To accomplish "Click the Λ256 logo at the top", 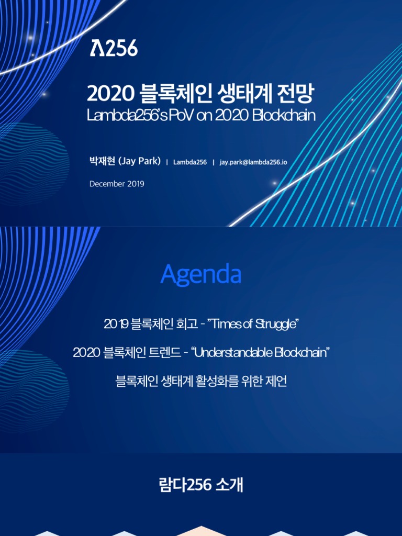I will (114, 48).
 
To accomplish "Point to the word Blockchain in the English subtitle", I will (284, 115).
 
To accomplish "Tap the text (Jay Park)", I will (139, 161).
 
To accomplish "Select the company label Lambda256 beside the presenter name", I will (190, 162).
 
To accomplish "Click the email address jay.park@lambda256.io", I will (253, 162).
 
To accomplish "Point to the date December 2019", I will (117, 184).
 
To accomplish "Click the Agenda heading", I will (201, 274).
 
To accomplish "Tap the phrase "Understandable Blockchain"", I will (260, 353).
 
